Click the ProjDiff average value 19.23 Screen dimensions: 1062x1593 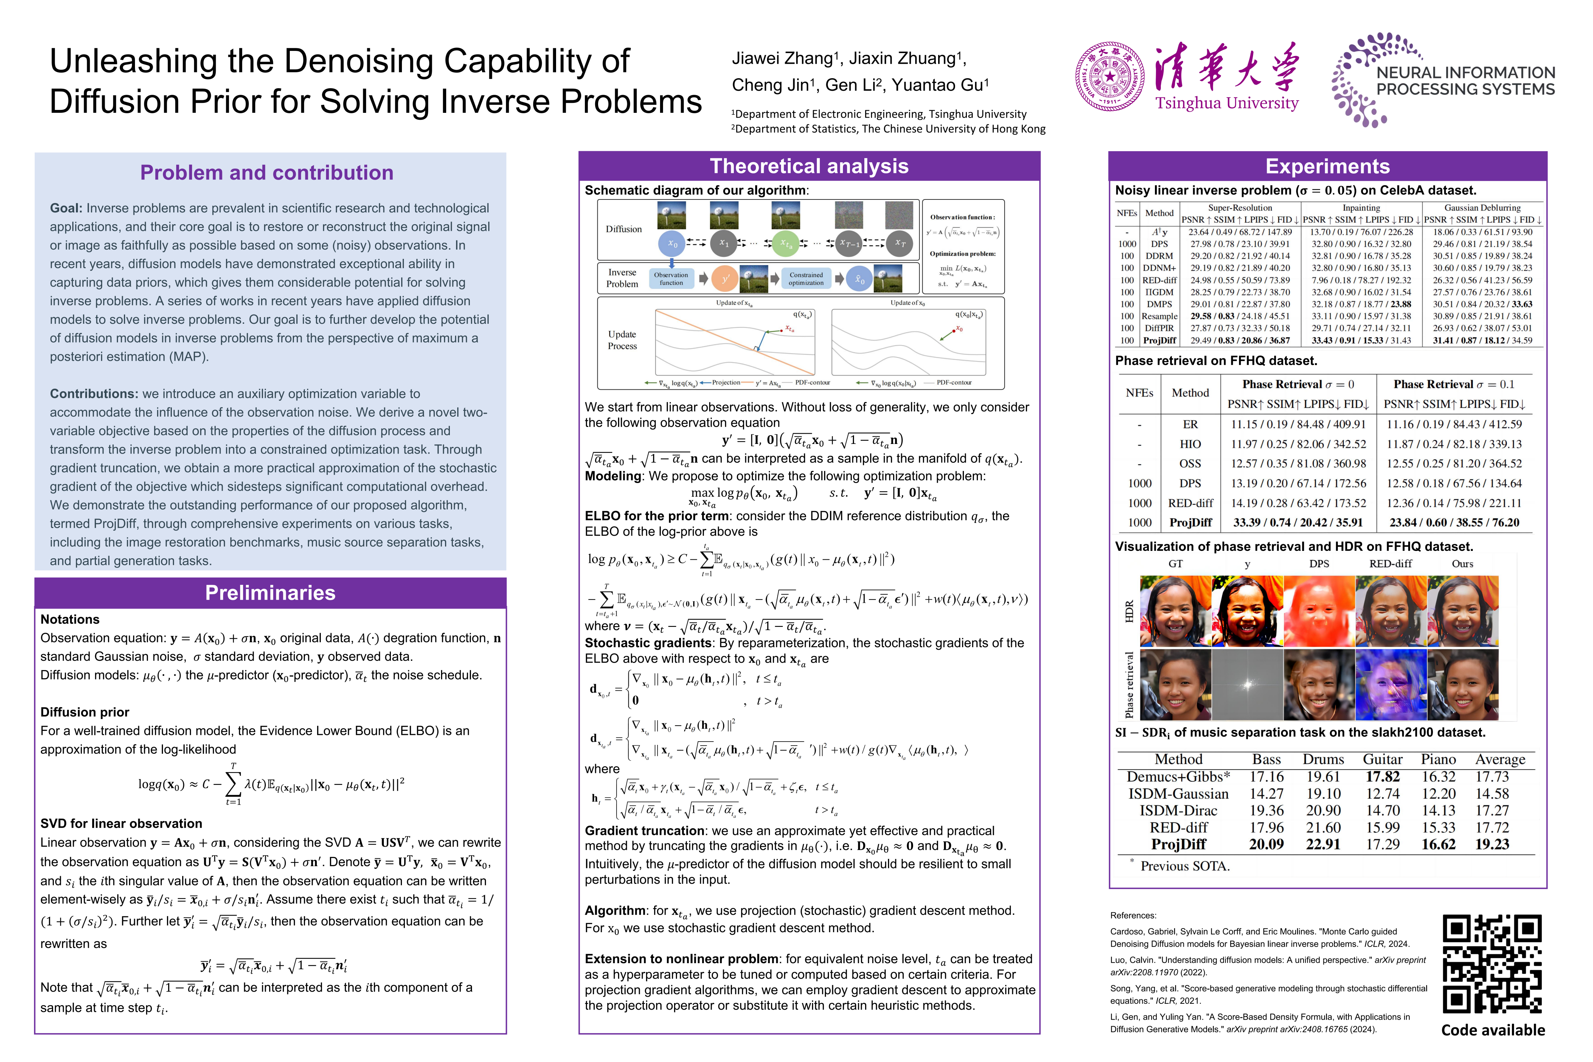(x=1492, y=844)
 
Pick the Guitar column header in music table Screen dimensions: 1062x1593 (x=1382, y=759)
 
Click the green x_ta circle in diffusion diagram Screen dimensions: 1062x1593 (x=785, y=243)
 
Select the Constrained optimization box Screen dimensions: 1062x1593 (x=806, y=278)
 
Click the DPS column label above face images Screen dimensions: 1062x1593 (x=1319, y=563)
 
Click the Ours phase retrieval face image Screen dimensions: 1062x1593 (x=1462, y=684)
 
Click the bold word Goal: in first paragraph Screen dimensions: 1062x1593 (x=66, y=208)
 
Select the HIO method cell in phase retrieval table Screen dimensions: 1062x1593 (x=1190, y=444)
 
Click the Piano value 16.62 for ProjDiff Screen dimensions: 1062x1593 (x=1438, y=844)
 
